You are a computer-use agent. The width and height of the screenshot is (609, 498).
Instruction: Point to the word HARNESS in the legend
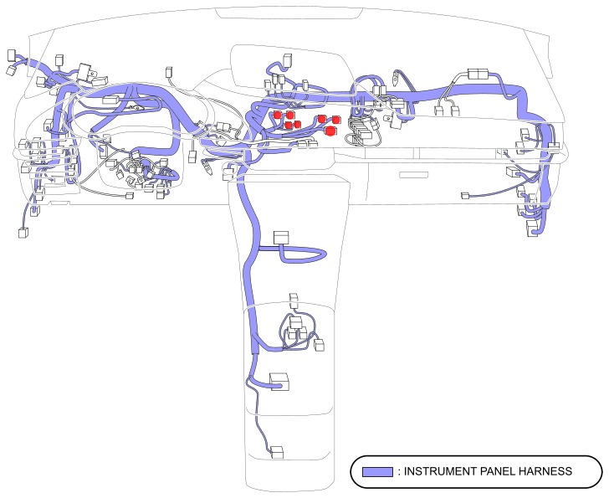(x=548, y=472)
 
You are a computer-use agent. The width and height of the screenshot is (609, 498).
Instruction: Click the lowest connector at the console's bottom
(x=277, y=453)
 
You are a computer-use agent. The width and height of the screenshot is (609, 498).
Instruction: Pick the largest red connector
(x=330, y=131)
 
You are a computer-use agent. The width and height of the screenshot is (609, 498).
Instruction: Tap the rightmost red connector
(x=336, y=121)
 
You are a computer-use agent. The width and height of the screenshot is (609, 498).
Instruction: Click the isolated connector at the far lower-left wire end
(x=23, y=232)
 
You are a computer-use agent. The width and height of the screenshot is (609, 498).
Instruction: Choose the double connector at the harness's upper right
(x=478, y=74)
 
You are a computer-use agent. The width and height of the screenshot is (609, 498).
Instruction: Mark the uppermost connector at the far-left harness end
(x=12, y=56)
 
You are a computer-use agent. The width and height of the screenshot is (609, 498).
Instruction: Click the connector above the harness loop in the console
(x=281, y=238)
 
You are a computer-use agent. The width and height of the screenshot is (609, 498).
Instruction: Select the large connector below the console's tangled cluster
(x=279, y=382)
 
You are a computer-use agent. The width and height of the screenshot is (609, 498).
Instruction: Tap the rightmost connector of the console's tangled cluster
(x=319, y=344)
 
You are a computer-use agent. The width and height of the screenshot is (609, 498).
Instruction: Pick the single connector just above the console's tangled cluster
(x=294, y=298)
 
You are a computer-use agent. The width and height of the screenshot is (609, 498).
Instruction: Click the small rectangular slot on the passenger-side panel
(x=412, y=175)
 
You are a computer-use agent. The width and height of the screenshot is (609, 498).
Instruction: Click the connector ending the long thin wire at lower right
(x=465, y=197)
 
